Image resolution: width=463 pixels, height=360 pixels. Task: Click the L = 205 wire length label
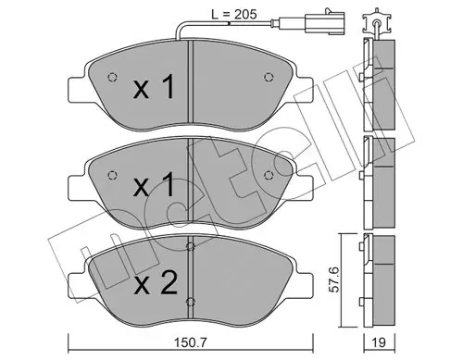coord(233,14)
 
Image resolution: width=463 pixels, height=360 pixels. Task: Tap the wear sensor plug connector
coord(324,22)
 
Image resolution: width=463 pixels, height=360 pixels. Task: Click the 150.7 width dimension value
coord(190,342)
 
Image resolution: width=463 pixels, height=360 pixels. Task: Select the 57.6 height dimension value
coord(333,279)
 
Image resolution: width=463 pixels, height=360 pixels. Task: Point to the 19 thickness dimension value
coord(379,342)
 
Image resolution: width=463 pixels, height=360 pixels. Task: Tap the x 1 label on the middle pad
coord(154,184)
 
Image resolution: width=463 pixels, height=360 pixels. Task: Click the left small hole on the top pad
coord(112,77)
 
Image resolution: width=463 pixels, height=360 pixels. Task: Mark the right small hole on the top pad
coord(269,77)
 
